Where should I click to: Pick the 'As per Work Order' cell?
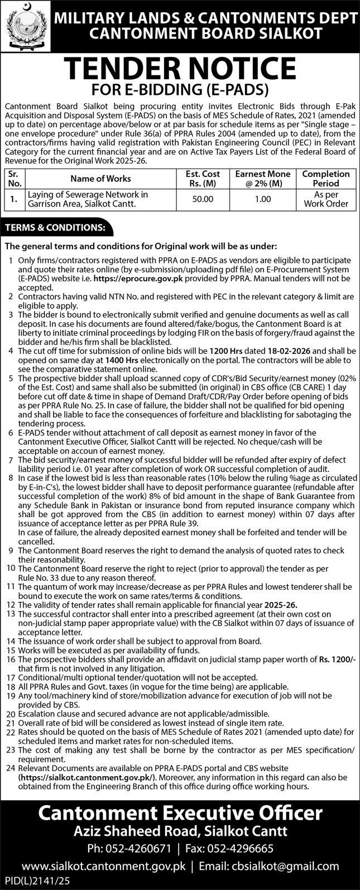326,199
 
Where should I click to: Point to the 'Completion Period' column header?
326,179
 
